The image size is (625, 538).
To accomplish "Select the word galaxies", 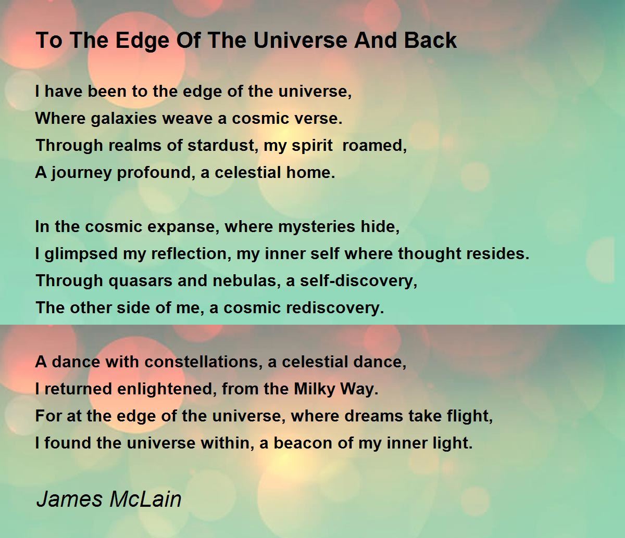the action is pyautogui.click(x=123, y=119).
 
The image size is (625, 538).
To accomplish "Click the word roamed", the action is pyautogui.click(x=374, y=145).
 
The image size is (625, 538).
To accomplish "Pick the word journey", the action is pyautogui.click(x=81, y=173).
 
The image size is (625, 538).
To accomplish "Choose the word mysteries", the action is pyautogui.click(x=316, y=227).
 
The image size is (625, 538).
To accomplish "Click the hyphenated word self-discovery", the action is pyautogui.click(x=359, y=281).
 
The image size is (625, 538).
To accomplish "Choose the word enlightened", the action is pyautogui.click(x=167, y=389).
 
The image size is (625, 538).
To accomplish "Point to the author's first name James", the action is pyautogui.click(x=69, y=499).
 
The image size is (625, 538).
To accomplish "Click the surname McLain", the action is pyautogui.click(x=145, y=499).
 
